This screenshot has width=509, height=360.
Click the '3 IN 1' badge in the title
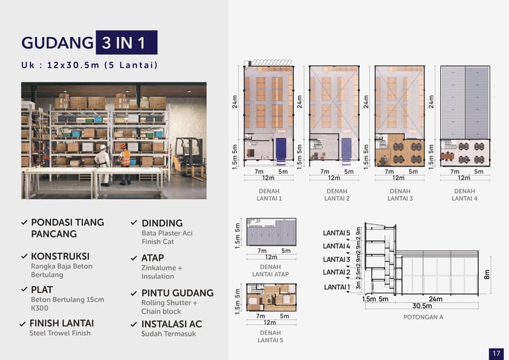click(126, 42)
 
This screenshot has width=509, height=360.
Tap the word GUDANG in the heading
click(57, 43)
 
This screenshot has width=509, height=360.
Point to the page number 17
click(496, 353)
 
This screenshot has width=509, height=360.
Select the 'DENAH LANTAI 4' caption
click(464, 194)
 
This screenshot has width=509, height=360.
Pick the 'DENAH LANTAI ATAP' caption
click(266, 270)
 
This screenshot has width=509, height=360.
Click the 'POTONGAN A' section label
click(423, 317)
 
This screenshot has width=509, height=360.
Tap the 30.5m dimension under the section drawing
click(422, 306)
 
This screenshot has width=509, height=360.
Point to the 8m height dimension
click(486, 274)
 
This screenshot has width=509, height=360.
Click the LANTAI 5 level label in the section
click(336, 233)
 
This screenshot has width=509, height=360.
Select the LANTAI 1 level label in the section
click(336, 287)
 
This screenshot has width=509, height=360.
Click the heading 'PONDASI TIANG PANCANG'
click(67, 228)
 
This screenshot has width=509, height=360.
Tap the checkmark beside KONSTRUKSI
click(25, 256)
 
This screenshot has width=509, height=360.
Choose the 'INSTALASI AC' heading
click(171, 324)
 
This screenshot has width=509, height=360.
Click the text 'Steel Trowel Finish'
click(60, 333)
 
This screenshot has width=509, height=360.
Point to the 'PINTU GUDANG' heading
click(177, 293)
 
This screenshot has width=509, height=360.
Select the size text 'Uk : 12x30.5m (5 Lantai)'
click(89, 65)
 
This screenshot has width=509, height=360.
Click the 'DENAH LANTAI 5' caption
click(270, 336)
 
